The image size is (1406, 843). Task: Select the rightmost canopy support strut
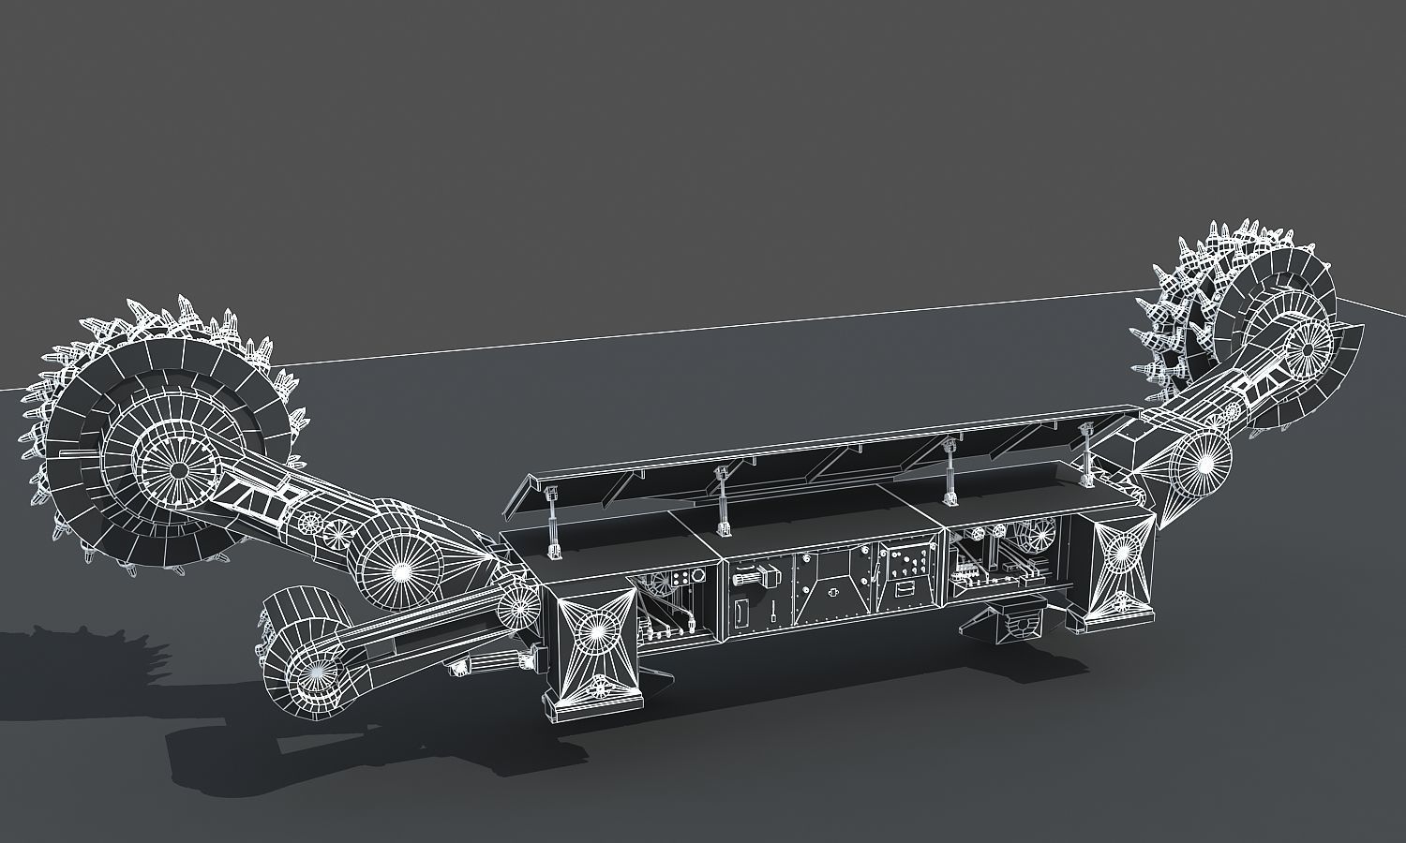point(1087,454)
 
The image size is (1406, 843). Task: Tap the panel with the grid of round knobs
point(908,563)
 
